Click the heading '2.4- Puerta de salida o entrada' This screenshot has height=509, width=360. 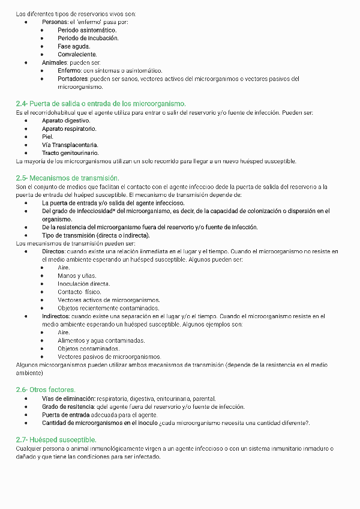tap(100, 103)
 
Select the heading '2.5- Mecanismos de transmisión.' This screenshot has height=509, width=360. tap(67, 178)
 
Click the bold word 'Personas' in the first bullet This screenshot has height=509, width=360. tap(55, 22)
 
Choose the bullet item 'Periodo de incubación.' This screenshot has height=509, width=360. tap(88, 38)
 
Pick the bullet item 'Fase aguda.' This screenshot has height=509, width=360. tap(74, 46)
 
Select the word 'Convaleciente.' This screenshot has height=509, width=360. tap(77, 54)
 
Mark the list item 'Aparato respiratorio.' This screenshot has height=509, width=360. tap(69, 128)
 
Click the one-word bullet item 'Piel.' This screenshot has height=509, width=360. tap(47, 136)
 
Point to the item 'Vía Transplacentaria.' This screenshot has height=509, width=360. tap(70, 145)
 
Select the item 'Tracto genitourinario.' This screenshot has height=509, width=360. tap(70, 153)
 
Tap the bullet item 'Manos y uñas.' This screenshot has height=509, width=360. tap(76, 276)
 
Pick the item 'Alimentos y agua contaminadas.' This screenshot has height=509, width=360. tap(101, 340)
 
